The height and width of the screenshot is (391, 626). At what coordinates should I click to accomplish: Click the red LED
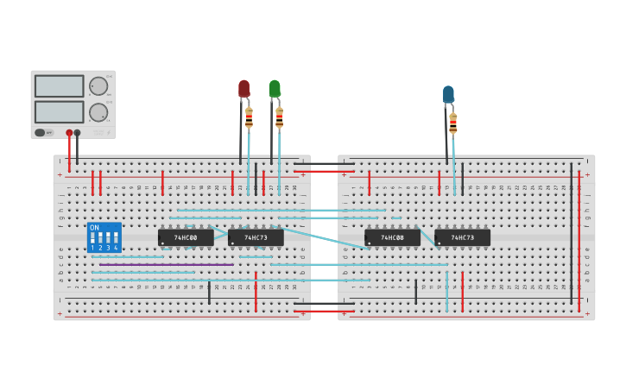pyautogui.click(x=243, y=88)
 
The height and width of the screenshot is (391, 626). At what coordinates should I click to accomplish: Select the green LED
pyautogui.click(x=275, y=88)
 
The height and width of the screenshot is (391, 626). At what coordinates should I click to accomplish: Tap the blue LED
pyautogui.click(x=448, y=93)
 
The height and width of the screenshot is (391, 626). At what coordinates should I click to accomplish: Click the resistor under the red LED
pyautogui.click(x=250, y=117)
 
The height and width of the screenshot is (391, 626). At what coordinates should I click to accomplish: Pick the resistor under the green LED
pyautogui.click(x=279, y=117)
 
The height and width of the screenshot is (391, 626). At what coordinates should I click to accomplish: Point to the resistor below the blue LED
pyautogui.click(x=452, y=124)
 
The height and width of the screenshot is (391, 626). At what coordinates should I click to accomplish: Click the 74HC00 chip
pyautogui.click(x=186, y=237)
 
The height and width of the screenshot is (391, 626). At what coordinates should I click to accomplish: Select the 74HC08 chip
pyautogui.click(x=392, y=237)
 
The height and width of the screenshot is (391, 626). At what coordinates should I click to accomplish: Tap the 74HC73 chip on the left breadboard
pyautogui.click(x=256, y=237)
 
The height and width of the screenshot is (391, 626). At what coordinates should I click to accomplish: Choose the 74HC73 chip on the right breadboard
pyautogui.click(x=462, y=237)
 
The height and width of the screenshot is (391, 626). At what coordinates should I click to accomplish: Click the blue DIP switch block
pyautogui.click(x=104, y=237)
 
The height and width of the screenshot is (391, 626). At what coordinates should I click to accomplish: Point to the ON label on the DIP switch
pyautogui.click(x=94, y=228)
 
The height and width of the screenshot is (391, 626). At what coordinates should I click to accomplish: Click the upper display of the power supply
pyautogui.click(x=60, y=86)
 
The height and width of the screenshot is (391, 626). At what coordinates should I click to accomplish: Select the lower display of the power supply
pyautogui.click(x=60, y=112)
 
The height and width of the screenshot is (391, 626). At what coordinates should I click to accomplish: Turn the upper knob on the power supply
pyautogui.click(x=98, y=86)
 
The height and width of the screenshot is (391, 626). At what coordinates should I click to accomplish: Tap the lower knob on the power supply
pyautogui.click(x=98, y=112)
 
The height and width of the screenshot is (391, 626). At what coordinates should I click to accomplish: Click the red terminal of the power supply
pyautogui.click(x=69, y=133)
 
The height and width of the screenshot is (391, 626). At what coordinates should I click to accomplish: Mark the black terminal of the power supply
pyautogui.click(x=77, y=133)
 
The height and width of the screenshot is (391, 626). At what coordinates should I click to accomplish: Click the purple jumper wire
pyautogui.click(x=164, y=264)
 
